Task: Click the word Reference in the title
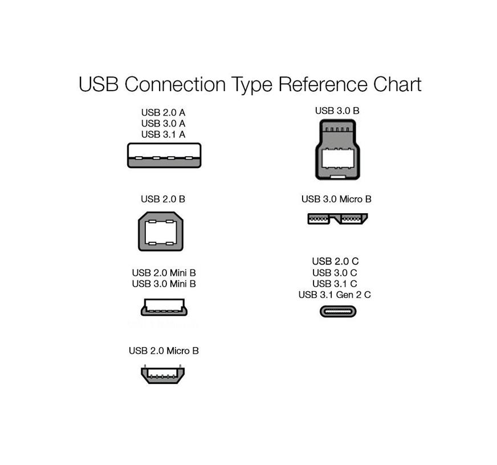323,84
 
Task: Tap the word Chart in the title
397,84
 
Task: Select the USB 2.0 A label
163,112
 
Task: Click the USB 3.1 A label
163,134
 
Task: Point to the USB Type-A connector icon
164,156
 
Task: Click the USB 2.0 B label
163,199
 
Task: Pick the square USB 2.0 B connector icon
161,231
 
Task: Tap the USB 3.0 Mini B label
164,284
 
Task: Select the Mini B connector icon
164,307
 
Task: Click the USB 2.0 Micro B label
164,351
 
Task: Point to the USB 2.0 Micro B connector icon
163,374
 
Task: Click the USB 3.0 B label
337,111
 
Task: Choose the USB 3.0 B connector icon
337,149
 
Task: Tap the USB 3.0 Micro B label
336,199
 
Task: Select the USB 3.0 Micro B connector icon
337,219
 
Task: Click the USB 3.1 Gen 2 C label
335,295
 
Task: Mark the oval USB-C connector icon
338,312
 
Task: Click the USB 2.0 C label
335,262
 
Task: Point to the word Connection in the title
175,84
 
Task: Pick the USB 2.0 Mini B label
164,273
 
